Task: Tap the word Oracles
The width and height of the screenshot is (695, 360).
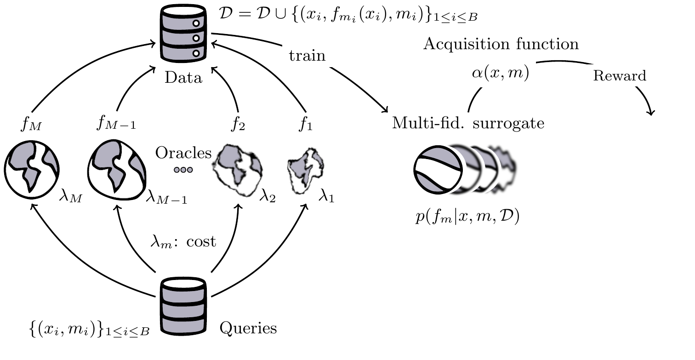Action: pos(183,153)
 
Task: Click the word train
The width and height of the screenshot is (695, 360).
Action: pos(307,56)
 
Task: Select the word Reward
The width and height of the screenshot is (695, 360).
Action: pos(619,76)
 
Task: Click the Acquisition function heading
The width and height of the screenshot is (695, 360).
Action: pos(501,44)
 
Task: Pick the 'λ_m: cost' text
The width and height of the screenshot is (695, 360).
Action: pos(184,242)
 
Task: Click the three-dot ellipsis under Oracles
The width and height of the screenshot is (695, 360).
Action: pos(183,170)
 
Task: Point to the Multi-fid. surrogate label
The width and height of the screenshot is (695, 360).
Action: pos(468,123)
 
